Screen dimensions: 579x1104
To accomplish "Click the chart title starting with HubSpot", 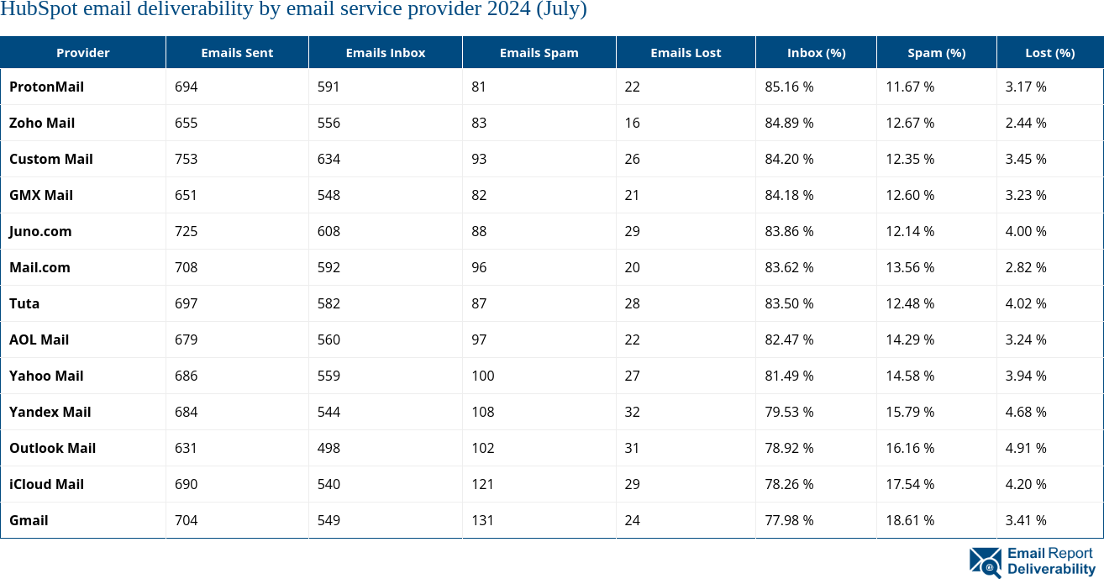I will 293,10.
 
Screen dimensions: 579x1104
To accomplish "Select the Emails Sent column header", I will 237,52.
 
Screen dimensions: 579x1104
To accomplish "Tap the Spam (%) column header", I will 936,52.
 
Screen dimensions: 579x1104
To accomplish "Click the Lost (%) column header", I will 1049,52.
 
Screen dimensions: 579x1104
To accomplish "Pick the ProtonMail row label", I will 46,87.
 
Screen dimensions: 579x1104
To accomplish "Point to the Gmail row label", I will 29,520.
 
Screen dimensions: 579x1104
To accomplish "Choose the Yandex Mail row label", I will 50,412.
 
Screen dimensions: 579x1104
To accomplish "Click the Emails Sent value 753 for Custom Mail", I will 186,159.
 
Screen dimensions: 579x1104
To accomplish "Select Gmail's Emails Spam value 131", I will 482,520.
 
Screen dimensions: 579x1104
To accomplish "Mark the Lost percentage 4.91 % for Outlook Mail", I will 1026,448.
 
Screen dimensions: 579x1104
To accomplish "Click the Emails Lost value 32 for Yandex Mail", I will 632,412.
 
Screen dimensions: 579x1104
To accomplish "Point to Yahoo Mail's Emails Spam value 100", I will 482,376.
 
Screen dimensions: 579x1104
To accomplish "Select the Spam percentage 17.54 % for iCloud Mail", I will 910,484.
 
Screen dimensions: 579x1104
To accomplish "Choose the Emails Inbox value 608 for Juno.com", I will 329,231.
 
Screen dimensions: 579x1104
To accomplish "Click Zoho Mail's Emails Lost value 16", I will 632,123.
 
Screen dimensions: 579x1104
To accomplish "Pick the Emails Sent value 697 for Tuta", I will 186,303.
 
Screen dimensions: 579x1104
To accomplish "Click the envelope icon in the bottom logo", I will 985,562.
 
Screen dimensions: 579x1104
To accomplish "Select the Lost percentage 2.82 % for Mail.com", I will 1026,267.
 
